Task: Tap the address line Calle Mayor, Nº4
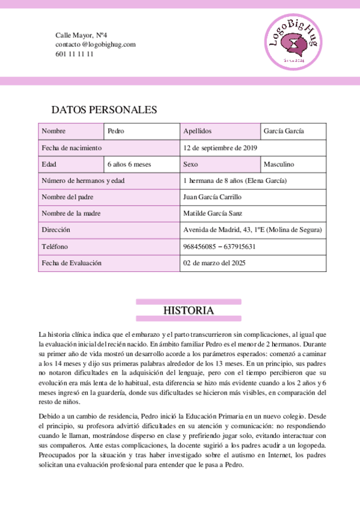click(81, 36)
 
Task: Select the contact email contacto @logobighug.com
click(96, 45)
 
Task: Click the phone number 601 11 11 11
click(75, 54)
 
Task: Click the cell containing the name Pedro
click(142, 131)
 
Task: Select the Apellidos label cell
click(220, 131)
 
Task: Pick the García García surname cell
click(293, 131)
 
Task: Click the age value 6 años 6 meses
click(142, 164)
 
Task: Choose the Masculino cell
click(293, 164)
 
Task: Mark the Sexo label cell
click(220, 164)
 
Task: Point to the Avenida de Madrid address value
click(253, 230)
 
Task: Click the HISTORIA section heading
click(188, 310)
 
